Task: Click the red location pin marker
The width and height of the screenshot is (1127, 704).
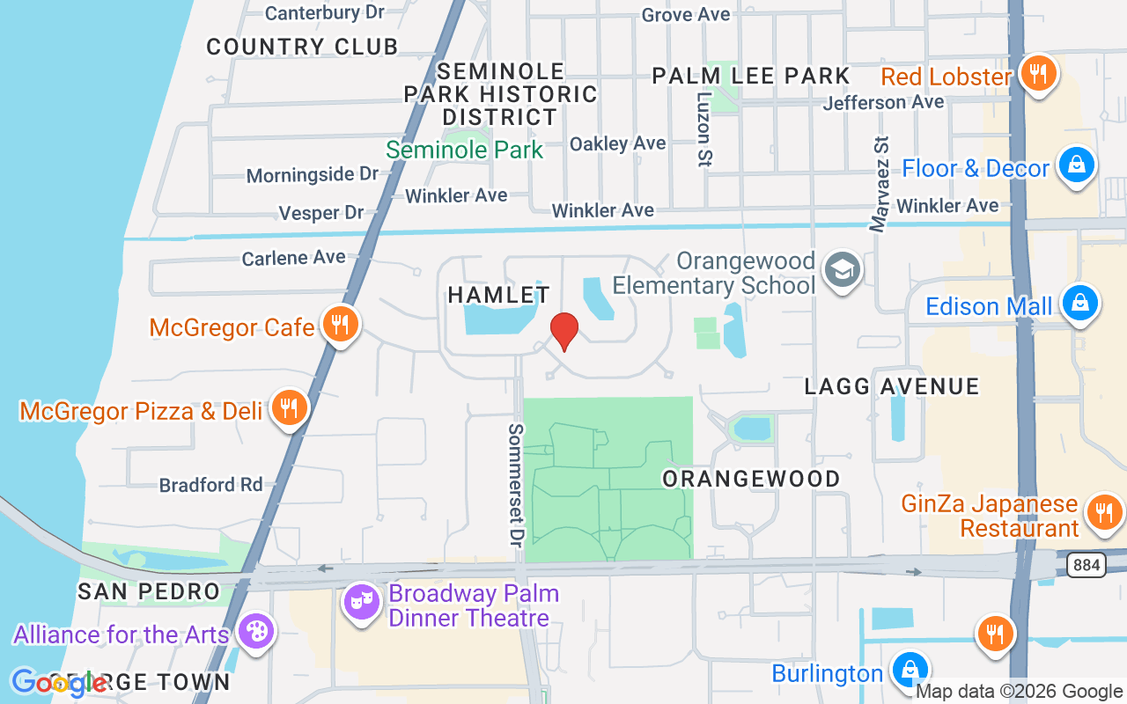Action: tap(563, 330)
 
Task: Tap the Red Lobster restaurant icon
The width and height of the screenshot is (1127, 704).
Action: tap(1039, 74)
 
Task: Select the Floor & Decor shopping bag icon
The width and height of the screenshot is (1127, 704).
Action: tap(1076, 165)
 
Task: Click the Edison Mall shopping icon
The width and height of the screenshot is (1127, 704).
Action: tap(1079, 303)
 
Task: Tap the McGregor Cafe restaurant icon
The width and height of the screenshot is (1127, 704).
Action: tap(338, 325)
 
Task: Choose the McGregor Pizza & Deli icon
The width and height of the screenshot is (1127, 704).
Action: tap(287, 407)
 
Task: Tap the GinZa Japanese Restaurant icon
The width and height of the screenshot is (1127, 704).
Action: tap(1102, 511)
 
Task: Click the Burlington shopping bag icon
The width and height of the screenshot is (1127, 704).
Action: tap(909, 671)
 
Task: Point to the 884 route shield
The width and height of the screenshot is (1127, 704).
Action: tap(1086, 565)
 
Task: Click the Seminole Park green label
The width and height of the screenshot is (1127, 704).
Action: tap(464, 150)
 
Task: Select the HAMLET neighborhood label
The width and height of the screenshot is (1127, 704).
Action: tap(498, 295)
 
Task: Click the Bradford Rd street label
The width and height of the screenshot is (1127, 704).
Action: tap(210, 485)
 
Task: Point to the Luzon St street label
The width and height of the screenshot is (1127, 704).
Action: tap(703, 129)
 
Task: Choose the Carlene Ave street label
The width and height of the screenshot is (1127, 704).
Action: tap(294, 258)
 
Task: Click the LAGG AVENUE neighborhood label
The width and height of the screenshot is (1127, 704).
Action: tap(892, 386)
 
